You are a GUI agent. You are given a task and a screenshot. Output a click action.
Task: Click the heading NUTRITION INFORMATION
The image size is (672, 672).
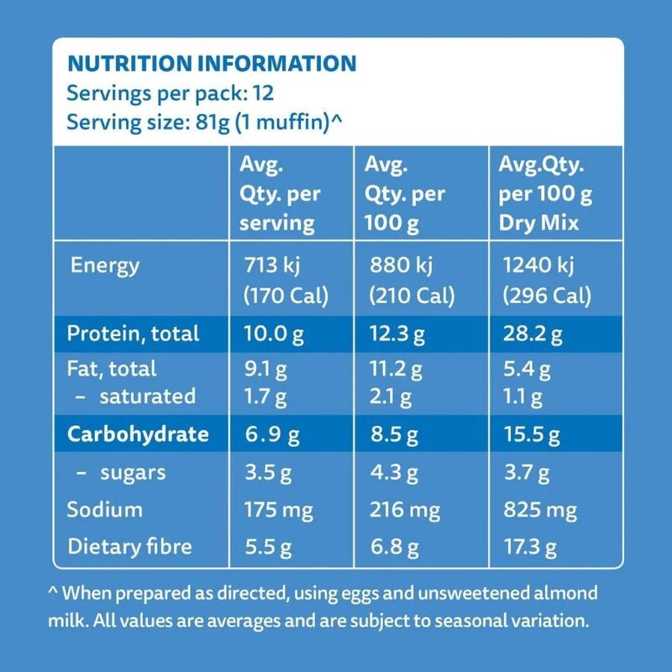coord(211,64)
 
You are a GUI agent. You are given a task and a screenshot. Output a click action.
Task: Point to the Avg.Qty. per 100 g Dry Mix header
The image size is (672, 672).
coord(545,194)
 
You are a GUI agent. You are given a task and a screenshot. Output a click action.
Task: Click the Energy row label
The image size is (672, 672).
coord(105,266)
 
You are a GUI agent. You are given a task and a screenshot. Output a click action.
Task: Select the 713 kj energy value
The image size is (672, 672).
coord(270,266)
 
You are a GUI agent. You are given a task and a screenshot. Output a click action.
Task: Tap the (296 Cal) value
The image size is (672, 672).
coord(545,297)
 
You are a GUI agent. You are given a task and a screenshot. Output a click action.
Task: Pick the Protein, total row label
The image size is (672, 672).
coord(133,333)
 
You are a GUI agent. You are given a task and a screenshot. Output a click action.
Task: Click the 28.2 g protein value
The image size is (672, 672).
coord(531,333)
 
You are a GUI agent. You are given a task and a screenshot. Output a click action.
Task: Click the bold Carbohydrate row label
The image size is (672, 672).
coord(138,434)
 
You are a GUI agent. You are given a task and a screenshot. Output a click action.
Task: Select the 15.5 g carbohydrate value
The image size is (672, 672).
coord(531,434)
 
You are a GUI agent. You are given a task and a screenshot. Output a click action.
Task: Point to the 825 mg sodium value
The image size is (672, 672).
coord(538,509)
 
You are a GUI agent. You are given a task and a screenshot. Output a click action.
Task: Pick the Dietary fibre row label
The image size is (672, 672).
coord(129,547)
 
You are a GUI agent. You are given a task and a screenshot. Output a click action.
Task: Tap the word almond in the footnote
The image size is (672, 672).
coord(570,593)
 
